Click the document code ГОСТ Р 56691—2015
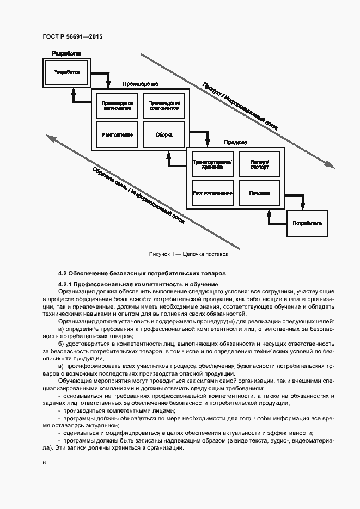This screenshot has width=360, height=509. click(x=72, y=36)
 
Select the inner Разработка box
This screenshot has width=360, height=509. click(x=66, y=72)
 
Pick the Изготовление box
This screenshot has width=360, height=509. click(x=117, y=134)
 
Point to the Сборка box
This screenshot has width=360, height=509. click(x=164, y=134)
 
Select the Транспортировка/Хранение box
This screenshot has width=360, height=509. click(x=212, y=164)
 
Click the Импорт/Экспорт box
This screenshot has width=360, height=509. click(x=259, y=164)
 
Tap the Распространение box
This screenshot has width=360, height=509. click(x=212, y=193)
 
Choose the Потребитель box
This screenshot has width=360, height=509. click(x=307, y=223)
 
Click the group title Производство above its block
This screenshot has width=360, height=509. click(x=140, y=84)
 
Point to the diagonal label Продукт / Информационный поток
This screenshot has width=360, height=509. click(x=240, y=106)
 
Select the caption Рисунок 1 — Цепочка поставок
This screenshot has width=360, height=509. click(x=187, y=254)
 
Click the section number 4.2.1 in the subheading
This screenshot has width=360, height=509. click(x=65, y=284)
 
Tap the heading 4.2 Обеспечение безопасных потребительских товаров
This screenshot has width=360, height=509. click(x=142, y=273)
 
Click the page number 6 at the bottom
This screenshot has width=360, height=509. click(x=44, y=463)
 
